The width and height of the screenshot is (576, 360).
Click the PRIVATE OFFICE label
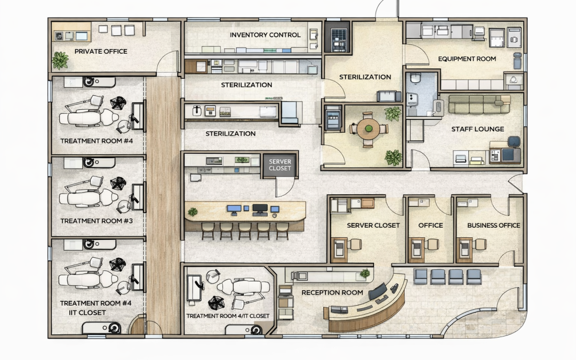[101, 51]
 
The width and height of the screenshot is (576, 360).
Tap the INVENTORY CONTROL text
[265, 35]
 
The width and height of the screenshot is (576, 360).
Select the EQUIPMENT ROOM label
[467, 59]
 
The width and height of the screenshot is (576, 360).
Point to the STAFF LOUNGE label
[477, 129]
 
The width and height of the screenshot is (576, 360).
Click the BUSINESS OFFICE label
[493, 225]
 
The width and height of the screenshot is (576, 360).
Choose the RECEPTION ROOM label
[332, 292]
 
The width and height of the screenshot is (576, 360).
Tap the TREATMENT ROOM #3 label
[97, 221]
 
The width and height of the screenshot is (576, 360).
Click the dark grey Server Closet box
[280, 165]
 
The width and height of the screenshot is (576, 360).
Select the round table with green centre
[368, 129]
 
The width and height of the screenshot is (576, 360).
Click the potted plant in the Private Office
[60, 60]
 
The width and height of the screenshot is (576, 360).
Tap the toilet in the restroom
[415, 78]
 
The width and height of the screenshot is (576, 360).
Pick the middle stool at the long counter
[245, 231]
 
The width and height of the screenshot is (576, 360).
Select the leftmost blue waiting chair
[420, 277]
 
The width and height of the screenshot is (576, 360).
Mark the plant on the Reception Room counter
[365, 273]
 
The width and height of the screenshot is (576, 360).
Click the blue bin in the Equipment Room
[517, 61]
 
